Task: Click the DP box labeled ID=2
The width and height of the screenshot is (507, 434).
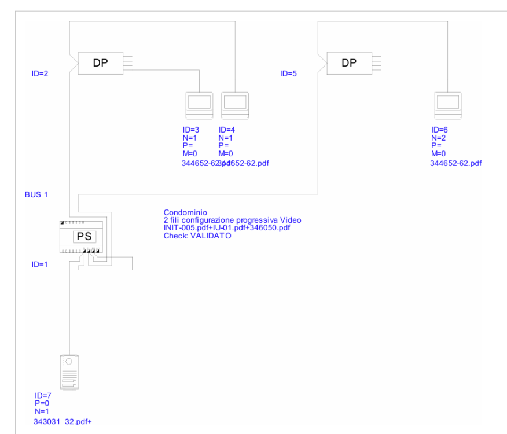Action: point(100,63)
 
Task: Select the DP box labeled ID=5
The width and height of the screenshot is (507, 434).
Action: point(349,63)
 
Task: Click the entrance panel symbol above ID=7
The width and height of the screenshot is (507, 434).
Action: point(69,373)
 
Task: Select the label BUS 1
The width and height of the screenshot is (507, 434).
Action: point(36,195)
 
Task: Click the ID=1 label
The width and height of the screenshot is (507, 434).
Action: point(41,264)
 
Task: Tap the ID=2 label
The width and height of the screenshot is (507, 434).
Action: point(41,74)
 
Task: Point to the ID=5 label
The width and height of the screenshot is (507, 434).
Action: point(289,74)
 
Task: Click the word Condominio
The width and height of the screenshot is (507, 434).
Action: point(185,213)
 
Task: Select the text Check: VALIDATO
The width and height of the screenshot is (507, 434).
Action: point(197,236)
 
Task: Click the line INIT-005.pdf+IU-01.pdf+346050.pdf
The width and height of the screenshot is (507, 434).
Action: point(227,228)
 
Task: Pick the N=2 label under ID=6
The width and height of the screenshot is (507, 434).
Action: point(438,138)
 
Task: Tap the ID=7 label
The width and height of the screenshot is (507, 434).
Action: point(43,396)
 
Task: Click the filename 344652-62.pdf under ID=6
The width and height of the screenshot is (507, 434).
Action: point(455,164)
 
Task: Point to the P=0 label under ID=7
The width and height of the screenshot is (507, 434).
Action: point(42,403)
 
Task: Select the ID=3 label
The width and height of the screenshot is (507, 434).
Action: point(190,130)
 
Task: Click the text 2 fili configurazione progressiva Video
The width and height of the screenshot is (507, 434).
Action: point(232,220)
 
